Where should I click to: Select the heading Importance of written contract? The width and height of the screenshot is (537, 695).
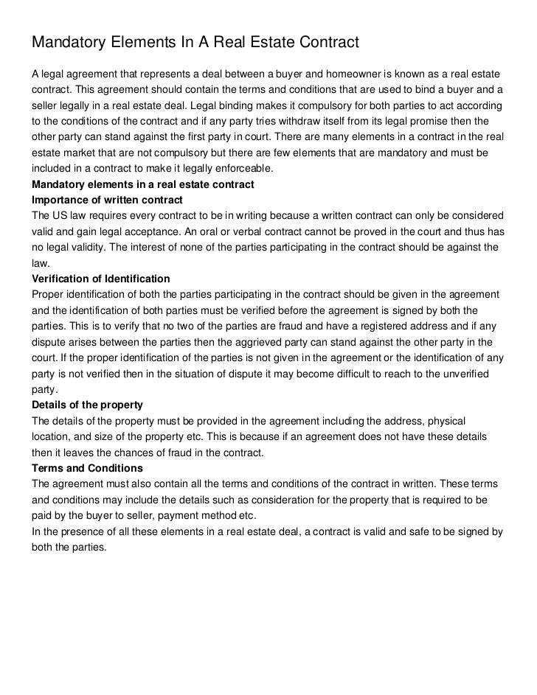pos(107,200)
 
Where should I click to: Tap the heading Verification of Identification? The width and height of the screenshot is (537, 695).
pos(100,279)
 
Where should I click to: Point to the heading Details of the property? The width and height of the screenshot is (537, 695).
pos(87,405)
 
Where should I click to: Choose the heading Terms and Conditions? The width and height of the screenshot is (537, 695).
pos(87,468)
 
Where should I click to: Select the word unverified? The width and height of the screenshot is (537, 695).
pos(464,374)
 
